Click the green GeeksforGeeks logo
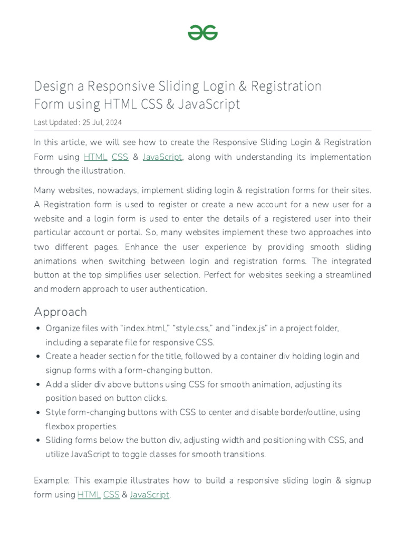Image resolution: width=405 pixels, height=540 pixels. (x=202, y=33)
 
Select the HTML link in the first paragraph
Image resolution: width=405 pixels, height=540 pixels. (x=95, y=157)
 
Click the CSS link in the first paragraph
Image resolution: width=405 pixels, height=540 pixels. (x=120, y=157)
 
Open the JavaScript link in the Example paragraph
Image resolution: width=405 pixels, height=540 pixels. (x=150, y=495)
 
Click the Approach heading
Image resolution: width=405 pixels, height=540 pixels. (x=60, y=312)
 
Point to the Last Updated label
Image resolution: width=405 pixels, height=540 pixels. (x=55, y=122)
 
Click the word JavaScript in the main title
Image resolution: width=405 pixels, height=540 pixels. (x=209, y=104)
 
